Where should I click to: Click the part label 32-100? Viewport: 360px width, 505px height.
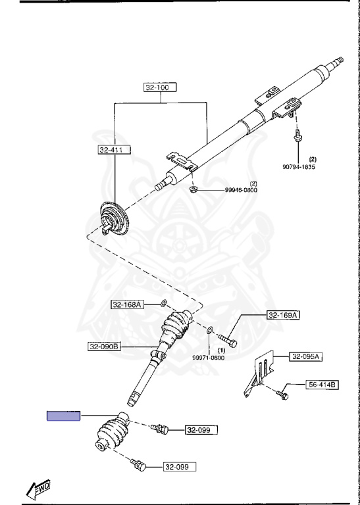click(161, 87)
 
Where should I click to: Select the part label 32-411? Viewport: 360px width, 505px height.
click(115, 150)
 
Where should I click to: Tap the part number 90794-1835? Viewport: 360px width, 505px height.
click(299, 167)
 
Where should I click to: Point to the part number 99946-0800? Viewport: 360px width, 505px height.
click(241, 190)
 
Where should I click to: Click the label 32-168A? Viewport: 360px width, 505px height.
click(128, 304)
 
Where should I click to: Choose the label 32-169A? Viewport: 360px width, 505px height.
click(283, 315)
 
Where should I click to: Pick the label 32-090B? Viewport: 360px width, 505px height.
click(105, 347)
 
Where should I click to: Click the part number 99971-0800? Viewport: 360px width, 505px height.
click(209, 358)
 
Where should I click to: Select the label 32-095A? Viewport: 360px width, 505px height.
click(305, 357)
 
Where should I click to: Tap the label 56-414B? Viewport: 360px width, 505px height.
click(322, 385)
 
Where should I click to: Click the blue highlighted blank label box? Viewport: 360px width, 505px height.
click(63, 416)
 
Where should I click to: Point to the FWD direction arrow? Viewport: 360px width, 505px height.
click(38, 489)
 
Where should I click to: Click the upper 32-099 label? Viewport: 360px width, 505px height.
click(201, 430)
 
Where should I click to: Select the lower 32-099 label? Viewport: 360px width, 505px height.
click(180, 467)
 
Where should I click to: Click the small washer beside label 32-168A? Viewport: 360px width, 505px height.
click(164, 303)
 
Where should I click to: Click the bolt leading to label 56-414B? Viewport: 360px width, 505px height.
click(282, 395)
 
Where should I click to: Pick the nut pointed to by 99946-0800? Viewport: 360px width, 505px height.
click(193, 189)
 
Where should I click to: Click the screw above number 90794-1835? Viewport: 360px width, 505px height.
click(297, 135)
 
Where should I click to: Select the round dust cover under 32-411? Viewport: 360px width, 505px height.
click(114, 217)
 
